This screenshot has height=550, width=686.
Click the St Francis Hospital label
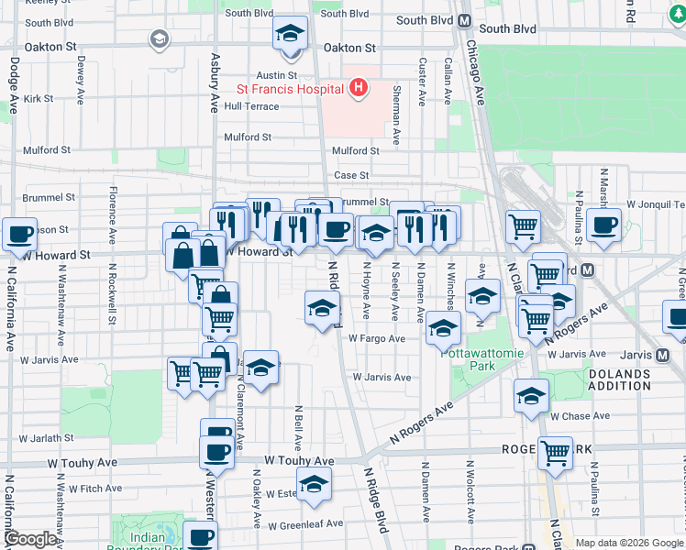290,89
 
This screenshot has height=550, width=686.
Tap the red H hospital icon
359,88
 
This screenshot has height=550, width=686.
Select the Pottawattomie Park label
468,357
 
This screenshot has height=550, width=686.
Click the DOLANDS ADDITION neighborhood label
620,379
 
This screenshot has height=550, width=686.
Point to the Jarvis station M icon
664,355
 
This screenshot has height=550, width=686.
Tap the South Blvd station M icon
465,20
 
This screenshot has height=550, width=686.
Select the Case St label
351,175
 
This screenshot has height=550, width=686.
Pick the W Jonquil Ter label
656,204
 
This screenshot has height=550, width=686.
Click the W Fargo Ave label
376,338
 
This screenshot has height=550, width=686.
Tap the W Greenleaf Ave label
305,524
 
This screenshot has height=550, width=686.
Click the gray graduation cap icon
160,38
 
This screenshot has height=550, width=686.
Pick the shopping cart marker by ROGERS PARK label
555,451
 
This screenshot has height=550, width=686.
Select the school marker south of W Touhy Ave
314,483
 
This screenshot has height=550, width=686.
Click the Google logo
30,539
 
